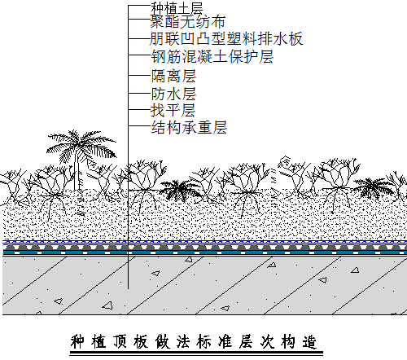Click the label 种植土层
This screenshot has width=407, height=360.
pos(177,9)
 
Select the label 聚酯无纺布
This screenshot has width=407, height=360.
pos(187,22)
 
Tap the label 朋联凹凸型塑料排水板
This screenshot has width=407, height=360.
pos(226,39)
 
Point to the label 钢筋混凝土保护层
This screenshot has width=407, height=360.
pos(212,57)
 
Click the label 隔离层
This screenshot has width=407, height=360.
pos(173,76)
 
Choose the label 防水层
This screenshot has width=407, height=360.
pos(173,94)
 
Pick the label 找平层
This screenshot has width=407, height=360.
pos(173,111)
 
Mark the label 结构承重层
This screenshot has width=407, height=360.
pos(189,127)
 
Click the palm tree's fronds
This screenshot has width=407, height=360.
pos(81,145)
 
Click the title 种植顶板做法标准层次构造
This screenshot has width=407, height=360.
pos(194,341)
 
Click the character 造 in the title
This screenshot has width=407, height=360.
pos(309,342)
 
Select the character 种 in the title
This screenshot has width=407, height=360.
pos(77,341)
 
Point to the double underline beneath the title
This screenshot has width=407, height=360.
pos(196,353)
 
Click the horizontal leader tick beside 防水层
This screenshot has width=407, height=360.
pos(139,94)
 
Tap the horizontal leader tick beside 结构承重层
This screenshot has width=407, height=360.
pos(139,126)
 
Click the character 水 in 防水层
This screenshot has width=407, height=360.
pos(173,94)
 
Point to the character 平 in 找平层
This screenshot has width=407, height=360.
pos(173,111)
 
